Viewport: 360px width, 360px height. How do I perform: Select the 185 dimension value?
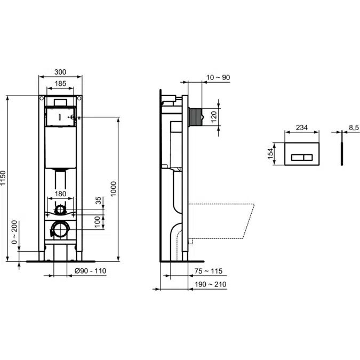click(60, 83)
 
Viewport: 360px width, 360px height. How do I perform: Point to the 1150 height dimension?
click(4, 178)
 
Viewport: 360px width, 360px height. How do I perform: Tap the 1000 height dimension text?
click(114, 188)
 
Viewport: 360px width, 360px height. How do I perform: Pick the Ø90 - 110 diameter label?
click(90, 271)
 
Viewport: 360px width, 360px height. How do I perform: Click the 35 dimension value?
click(98, 201)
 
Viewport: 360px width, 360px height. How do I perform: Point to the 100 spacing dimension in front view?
click(98, 220)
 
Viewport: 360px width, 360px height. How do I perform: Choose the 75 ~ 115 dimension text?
click(209, 271)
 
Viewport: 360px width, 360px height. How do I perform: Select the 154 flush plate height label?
click(270, 154)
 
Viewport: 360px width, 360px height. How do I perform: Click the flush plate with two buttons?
click(302, 154)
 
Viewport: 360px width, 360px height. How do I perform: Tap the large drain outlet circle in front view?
click(60, 230)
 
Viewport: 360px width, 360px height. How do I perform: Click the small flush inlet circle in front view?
click(61, 209)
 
